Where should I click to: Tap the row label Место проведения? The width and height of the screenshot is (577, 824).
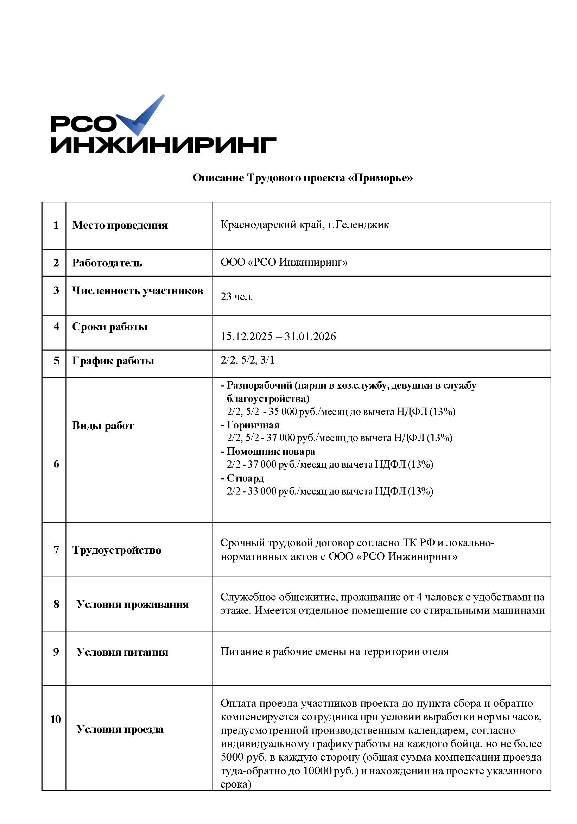120,225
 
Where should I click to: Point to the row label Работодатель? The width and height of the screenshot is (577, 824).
107,263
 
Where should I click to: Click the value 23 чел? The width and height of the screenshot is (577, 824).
236,297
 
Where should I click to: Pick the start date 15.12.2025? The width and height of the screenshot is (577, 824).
247,336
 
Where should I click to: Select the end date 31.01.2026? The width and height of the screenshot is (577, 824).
310,336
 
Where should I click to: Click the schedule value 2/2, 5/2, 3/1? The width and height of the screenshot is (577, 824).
247,360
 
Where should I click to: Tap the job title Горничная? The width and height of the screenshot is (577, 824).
253,425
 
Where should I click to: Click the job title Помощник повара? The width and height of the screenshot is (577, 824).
271,452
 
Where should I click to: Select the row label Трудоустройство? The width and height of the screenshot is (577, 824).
116,550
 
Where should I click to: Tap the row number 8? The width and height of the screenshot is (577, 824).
56,604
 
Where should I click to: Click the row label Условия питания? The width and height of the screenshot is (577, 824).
122,652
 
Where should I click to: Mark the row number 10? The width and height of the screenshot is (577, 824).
56,719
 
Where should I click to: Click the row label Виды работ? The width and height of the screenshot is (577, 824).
103,426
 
